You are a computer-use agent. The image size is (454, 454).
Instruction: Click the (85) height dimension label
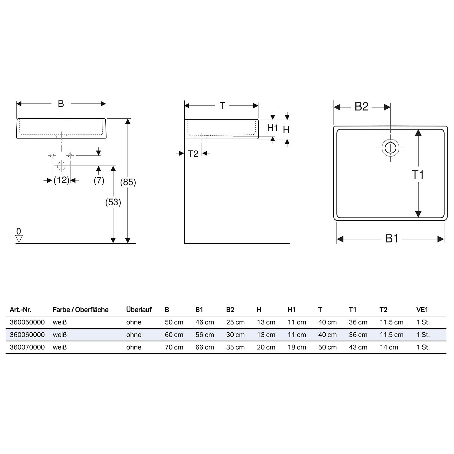tap(128, 182)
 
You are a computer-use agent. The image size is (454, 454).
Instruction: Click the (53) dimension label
tap(113, 202)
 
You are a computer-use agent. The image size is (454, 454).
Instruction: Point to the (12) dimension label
tap(61, 180)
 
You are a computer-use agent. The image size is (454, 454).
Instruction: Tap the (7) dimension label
tap(99, 180)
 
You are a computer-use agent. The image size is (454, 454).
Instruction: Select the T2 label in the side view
tap(193, 154)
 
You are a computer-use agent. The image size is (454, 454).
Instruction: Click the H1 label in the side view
tap(272, 128)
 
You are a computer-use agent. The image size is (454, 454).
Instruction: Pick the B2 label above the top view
tap(361, 107)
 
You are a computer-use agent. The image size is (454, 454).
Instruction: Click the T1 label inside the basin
tap(418, 175)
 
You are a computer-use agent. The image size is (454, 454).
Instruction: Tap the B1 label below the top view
tap(392, 239)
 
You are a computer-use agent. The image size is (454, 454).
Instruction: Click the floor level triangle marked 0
tap(19, 239)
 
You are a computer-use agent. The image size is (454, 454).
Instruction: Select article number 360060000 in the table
tap(27, 335)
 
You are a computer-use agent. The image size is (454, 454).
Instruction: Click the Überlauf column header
tap(139, 310)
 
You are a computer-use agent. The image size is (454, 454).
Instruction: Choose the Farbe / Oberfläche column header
tap(81, 310)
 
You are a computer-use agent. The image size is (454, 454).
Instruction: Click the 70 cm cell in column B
tap(174, 347)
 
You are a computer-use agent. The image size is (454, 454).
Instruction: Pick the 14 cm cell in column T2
tap(389, 347)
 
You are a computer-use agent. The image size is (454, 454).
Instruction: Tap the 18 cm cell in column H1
tap(297, 347)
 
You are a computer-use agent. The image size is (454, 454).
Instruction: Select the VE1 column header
tap(422, 310)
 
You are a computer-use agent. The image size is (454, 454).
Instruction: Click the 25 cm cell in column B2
tap(235, 322)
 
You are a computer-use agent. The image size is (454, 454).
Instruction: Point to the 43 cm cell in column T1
tap(358, 347)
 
